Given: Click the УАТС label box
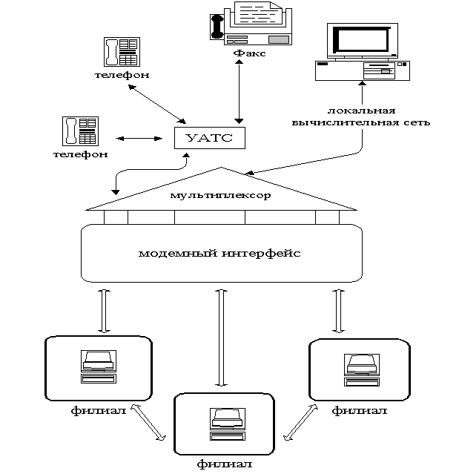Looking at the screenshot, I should tap(209, 138).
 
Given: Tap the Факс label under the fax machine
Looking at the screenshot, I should tap(249, 54).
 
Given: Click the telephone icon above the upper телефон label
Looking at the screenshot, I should tap(122, 52).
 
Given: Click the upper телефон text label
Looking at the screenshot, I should tap(122, 75).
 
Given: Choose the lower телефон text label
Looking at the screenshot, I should tap(80, 154).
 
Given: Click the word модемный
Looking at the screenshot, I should tap(179, 253).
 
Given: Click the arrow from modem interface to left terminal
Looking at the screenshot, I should tap(104, 310).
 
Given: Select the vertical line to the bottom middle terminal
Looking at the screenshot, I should tap(221, 338).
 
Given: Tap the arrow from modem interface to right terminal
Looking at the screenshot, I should tap(338, 310).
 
